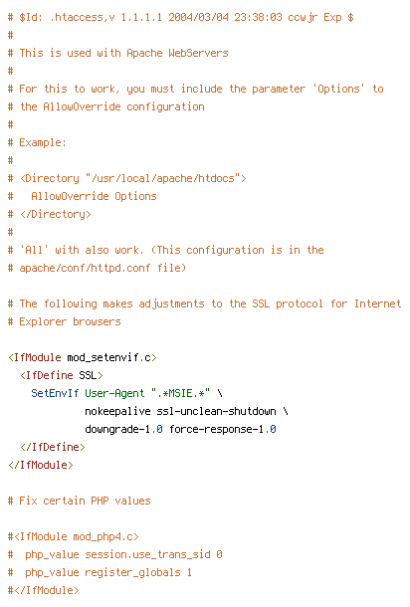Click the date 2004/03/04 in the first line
pos(198,18)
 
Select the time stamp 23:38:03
pos(258,18)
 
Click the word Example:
pos(43,142)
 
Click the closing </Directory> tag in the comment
pos(56,214)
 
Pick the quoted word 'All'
pos(34,250)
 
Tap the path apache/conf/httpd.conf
pos(85,268)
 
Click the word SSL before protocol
pos(261,303)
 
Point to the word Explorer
pos(43,321)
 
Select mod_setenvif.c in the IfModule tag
pos(108,357)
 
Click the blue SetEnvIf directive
pos(55,393)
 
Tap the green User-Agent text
pos(114,393)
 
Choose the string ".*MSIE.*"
pos(180,393)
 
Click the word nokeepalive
pos(117,411)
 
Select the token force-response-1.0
pos(222,429)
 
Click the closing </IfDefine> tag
pos(53,447)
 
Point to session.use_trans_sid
pos(147,554)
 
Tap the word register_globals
pos(132,572)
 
